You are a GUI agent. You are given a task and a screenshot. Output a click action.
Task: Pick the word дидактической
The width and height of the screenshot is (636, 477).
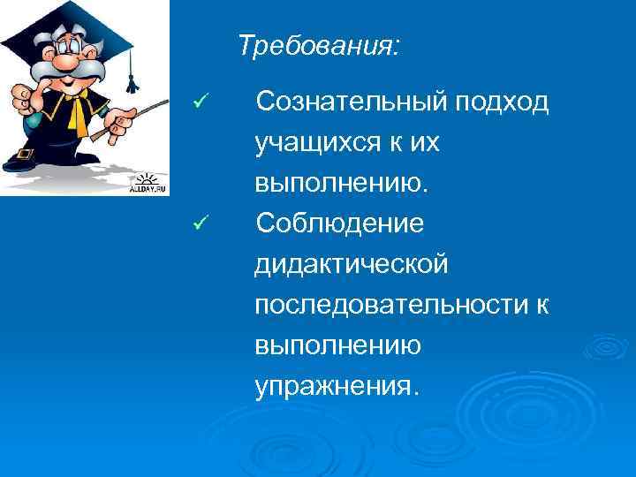click(x=352, y=265)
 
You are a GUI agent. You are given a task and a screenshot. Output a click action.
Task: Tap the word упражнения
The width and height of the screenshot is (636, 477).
click(x=332, y=385)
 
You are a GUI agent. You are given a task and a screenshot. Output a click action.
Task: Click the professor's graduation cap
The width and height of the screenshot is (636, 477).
click(x=71, y=22)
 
